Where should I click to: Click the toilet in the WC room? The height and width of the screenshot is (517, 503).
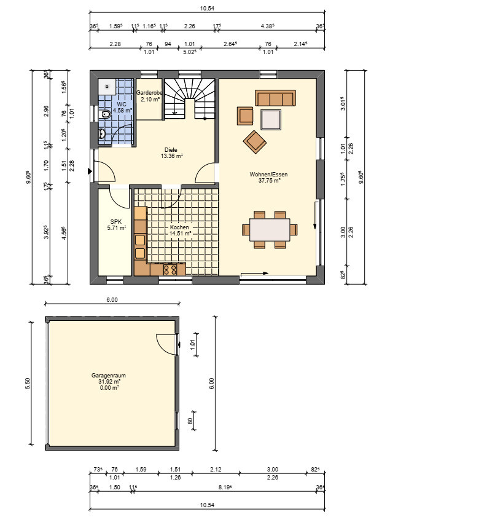[105, 114]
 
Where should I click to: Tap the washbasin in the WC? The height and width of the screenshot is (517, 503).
[101, 134]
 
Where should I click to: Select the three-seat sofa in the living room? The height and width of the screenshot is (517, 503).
[275, 98]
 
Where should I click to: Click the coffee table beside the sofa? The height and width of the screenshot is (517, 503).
[271, 120]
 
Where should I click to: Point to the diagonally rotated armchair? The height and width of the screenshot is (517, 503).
[255, 142]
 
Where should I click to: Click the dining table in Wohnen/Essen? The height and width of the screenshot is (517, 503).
[270, 230]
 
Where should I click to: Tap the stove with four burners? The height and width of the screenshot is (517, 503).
[170, 269]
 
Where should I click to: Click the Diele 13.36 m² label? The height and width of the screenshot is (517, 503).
[171, 153]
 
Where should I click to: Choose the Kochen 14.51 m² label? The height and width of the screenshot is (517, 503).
[180, 230]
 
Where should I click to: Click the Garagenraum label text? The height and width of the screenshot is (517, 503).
[109, 375]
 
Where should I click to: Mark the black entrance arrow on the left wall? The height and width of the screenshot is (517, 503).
[90, 171]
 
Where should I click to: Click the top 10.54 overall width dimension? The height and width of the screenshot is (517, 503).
[207, 8]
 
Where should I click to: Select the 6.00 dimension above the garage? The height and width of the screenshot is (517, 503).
[112, 300]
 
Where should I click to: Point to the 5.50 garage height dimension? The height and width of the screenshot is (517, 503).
[28, 384]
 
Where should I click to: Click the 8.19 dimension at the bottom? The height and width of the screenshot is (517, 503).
[225, 487]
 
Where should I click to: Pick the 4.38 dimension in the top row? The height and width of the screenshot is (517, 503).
[268, 26]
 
